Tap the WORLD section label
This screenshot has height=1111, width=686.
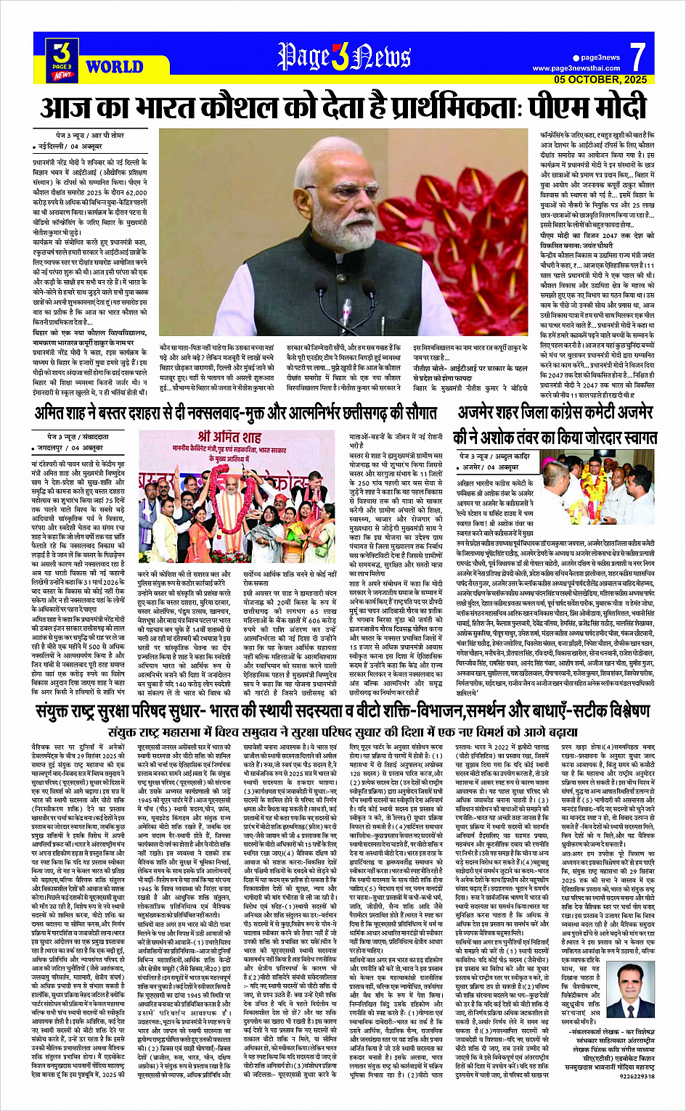coord(113,67)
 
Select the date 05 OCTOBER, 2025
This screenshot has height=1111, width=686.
coord(600,79)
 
